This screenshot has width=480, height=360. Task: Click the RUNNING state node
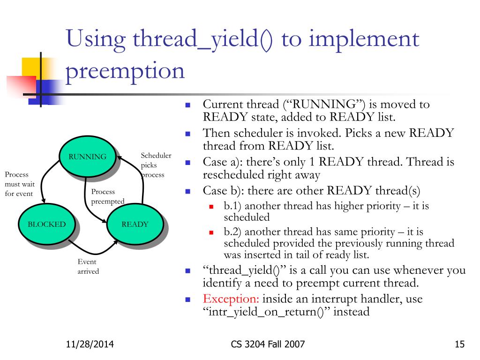tap(87, 157)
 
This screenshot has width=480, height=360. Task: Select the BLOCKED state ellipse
tap(46, 224)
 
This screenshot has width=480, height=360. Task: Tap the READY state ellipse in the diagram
tap(135, 224)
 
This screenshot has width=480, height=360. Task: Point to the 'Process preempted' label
tap(107, 196)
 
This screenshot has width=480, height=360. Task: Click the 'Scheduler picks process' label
tap(156, 165)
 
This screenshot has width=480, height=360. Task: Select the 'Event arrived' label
tap(88, 267)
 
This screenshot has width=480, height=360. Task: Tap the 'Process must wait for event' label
tap(19, 184)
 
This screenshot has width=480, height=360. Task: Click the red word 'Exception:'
tap(231, 299)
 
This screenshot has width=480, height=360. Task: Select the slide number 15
tap(459, 345)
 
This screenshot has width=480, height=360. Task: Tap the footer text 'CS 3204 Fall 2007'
tap(268, 345)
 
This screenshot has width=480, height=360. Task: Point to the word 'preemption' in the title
tap(124, 71)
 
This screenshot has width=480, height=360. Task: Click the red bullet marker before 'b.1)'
tap(211, 206)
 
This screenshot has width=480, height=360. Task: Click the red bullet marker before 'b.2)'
tap(211, 232)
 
